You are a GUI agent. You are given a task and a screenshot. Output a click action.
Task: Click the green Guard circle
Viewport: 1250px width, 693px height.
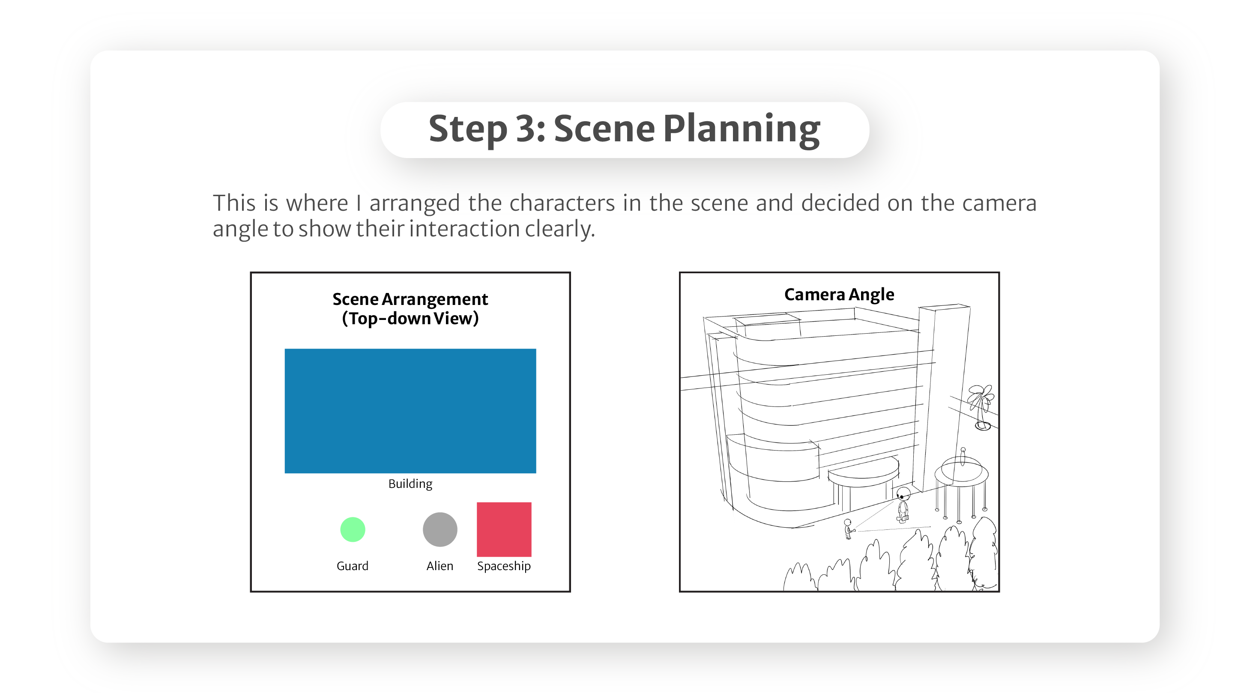pyautogui.click(x=353, y=529)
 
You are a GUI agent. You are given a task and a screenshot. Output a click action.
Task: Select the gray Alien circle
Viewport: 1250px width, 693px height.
pyautogui.click(x=440, y=529)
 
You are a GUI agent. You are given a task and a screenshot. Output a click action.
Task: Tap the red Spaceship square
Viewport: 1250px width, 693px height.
pyautogui.click(x=504, y=529)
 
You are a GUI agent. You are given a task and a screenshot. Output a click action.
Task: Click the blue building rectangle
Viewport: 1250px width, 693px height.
pyautogui.click(x=410, y=411)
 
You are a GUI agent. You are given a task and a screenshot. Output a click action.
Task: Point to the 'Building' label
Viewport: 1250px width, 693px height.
pyautogui.click(x=410, y=484)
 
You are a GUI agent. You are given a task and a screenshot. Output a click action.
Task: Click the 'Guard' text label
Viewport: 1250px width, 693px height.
pyautogui.click(x=353, y=566)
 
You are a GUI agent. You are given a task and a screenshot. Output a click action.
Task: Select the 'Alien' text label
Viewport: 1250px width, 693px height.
pyautogui.click(x=440, y=566)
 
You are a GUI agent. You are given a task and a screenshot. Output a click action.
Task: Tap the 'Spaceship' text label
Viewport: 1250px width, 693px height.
pyautogui.click(x=504, y=566)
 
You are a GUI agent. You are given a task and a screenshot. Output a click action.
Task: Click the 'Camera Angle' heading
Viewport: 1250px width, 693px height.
pyautogui.click(x=840, y=295)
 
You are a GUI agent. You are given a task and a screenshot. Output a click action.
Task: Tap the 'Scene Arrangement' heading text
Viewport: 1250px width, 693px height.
pyautogui.click(x=410, y=299)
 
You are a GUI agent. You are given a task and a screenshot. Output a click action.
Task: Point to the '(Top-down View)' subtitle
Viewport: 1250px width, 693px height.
pyautogui.click(x=410, y=319)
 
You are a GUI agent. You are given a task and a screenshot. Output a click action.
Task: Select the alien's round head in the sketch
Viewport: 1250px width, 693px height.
pyautogui.click(x=903, y=493)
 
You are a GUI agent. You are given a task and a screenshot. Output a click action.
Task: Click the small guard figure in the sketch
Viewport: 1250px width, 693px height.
pyautogui.click(x=849, y=529)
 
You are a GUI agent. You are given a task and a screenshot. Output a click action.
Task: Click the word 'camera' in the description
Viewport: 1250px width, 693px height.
pyautogui.click(x=999, y=203)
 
